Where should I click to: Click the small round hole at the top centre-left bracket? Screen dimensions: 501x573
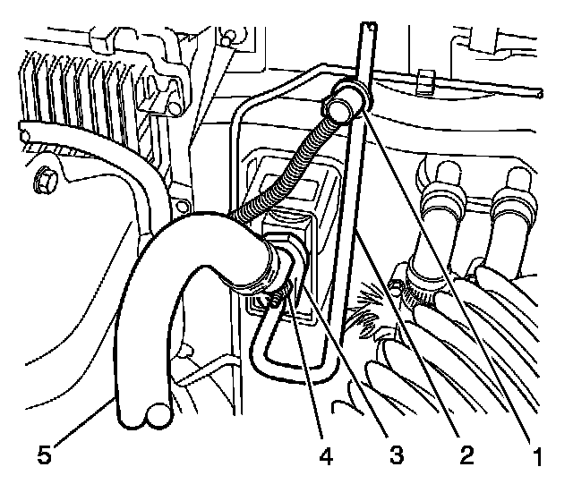(x=231, y=36)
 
